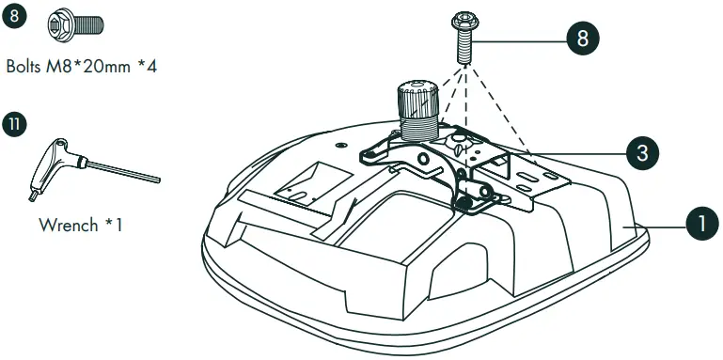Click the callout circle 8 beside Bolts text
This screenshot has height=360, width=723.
pos(14,16)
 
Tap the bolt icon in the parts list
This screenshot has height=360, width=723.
pos(76,24)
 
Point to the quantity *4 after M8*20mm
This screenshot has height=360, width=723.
pos(148,67)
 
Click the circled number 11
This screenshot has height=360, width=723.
pos(14,125)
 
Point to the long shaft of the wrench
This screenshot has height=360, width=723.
pos(123,171)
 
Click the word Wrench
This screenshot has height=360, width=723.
pos(69,226)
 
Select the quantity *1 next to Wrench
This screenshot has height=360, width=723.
pos(114,226)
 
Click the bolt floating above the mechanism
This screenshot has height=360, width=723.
pos(465,39)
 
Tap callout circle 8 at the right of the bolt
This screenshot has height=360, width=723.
pos(582,39)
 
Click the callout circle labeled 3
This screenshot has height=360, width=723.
pos(642,153)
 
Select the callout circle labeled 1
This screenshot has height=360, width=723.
pos(702,224)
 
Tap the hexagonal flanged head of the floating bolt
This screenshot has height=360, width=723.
pos(465,21)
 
